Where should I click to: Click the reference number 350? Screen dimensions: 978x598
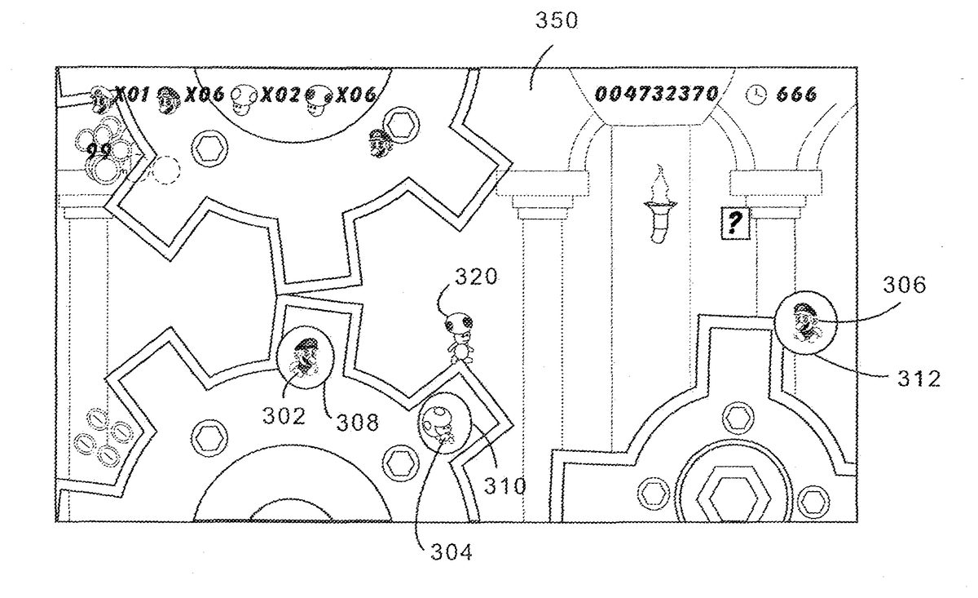click(556, 20)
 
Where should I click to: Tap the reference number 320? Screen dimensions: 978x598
click(476, 277)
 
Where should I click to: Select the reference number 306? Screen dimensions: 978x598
click(904, 285)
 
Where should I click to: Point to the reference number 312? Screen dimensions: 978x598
click(919, 379)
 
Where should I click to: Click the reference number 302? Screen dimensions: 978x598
click(284, 416)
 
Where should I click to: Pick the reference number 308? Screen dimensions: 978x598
click(358, 423)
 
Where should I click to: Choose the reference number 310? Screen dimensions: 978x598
click(504, 486)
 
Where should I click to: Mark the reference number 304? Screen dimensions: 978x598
click(452, 552)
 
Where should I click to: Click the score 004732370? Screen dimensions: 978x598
click(657, 94)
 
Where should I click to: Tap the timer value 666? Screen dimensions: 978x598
click(796, 95)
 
